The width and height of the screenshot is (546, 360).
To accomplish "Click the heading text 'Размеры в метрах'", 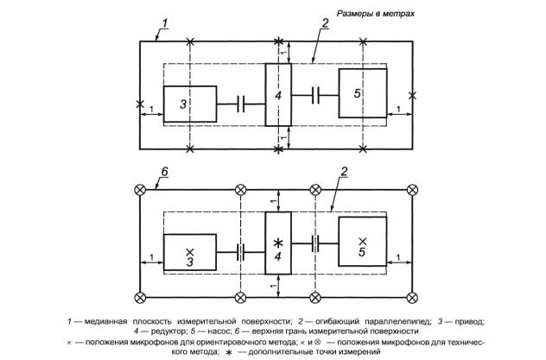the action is pyautogui.click(x=375, y=14).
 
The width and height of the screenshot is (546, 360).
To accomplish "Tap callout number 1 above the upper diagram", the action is pyautogui.click(x=165, y=23).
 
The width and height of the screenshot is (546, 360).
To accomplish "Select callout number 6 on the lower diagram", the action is pyautogui.click(x=164, y=172).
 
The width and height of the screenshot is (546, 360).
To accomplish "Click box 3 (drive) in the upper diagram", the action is pyautogui.click(x=190, y=104).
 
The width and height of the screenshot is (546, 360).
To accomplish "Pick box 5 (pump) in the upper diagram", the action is pyautogui.click(x=363, y=93).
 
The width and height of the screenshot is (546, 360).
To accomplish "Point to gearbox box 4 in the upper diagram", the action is pyautogui.click(x=278, y=95).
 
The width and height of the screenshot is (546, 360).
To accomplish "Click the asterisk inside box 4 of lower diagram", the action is pyautogui.click(x=278, y=243).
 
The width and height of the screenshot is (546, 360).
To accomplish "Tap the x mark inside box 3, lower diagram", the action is pyautogui.click(x=190, y=252).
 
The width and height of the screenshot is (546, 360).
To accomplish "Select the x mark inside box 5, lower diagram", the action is pyautogui.click(x=363, y=241).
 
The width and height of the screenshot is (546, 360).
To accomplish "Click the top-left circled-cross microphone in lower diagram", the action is pyautogui.click(x=140, y=190).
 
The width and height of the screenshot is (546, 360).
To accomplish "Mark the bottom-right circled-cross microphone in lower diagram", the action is pyautogui.click(x=413, y=298).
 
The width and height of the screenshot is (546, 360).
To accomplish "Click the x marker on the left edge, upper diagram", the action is pyautogui.click(x=140, y=104).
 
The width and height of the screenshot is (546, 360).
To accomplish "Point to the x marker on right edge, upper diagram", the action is pyautogui.click(x=412, y=95).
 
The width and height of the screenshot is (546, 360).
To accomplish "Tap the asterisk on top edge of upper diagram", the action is pyautogui.click(x=278, y=41).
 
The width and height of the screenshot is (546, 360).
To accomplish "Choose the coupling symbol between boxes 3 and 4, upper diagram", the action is pyautogui.click(x=241, y=104).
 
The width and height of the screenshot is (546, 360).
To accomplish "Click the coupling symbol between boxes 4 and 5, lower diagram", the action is pyautogui.click(x=315, y=243).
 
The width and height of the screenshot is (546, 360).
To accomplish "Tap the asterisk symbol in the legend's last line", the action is pyautogui.click(x=229, y=352).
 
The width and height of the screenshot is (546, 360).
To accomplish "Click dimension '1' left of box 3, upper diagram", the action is pyautogui.click(x=151, y=109).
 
